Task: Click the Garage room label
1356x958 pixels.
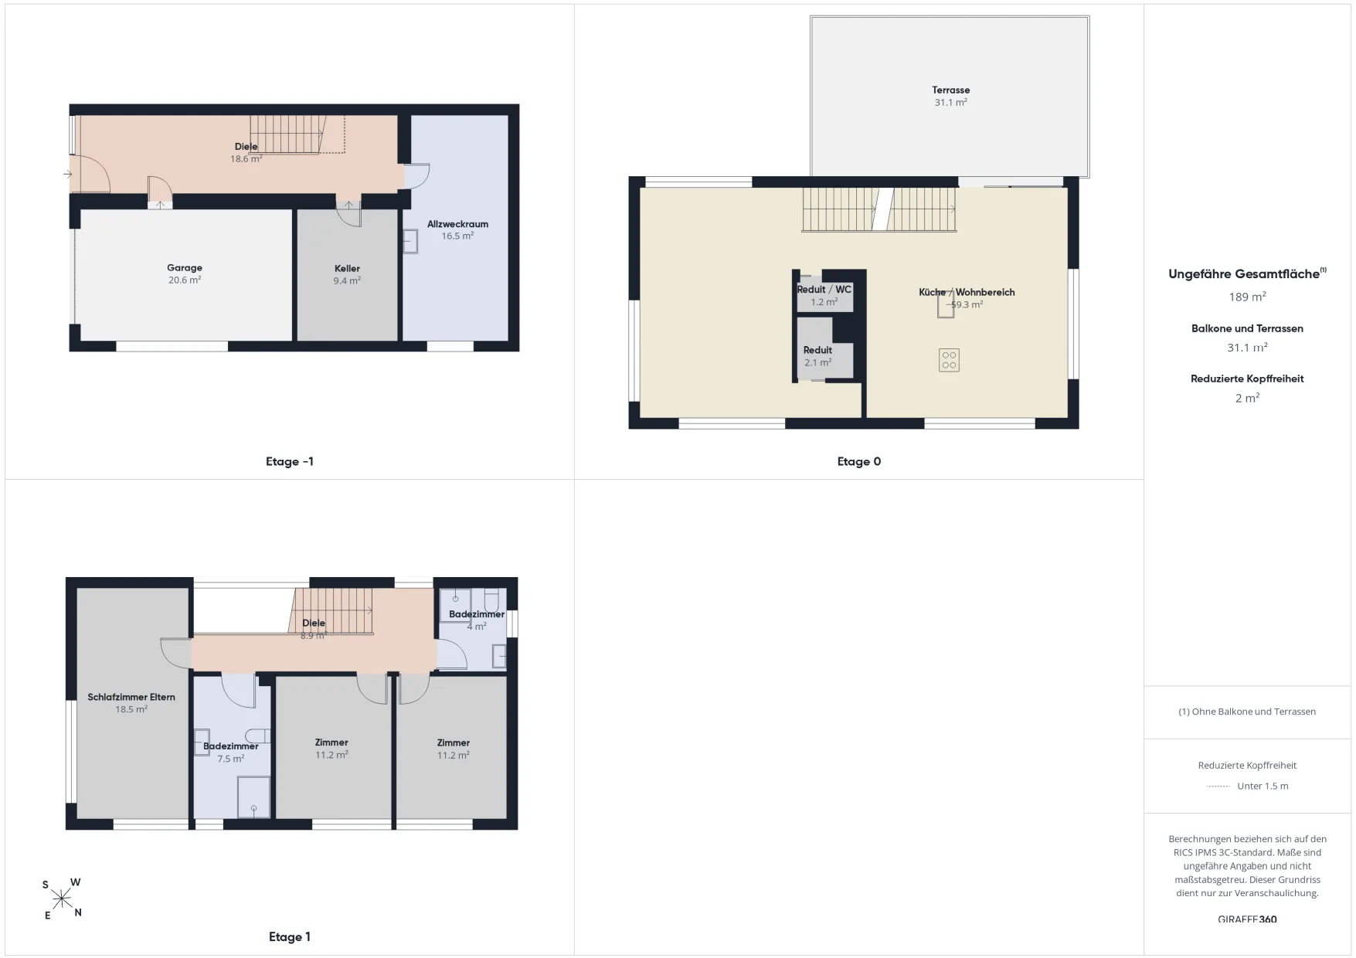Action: click(x=185, y=268)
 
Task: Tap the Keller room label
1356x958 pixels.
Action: click(x=347, y=269)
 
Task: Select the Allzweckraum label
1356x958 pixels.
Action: click(x=457, y=224)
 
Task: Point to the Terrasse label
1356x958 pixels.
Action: click(x=950, y=90)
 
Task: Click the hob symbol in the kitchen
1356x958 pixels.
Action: click(x=949, y=360)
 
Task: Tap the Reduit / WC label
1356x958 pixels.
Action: click(x=824, y=290)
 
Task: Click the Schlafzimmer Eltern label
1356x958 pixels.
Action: click(x=131, y=697)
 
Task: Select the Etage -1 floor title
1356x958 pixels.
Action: click(x=290, y=462)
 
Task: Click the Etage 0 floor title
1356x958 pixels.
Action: click(x=859, y=462)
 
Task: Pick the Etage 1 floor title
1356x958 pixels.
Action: click(x=290, y=937)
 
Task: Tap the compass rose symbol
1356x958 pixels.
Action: click(x=62, y=899)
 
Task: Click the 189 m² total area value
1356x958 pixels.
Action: click(x=1247, y=297)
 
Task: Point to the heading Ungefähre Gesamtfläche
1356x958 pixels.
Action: click(x=1244, y=274)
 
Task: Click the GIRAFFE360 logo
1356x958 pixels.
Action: click(x=1247, y=919)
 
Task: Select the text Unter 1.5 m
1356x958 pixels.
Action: click(x=1263, y=786)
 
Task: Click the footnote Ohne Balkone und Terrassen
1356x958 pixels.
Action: click(x=1253, y=712)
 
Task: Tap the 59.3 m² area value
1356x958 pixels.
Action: click(x=967, y=305)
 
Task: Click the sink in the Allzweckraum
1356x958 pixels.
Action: click(x=410, y=242)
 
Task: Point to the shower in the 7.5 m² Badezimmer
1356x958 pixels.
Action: click(x=253, y=797)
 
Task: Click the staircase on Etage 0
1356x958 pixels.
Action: click(x=879, y=209)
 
